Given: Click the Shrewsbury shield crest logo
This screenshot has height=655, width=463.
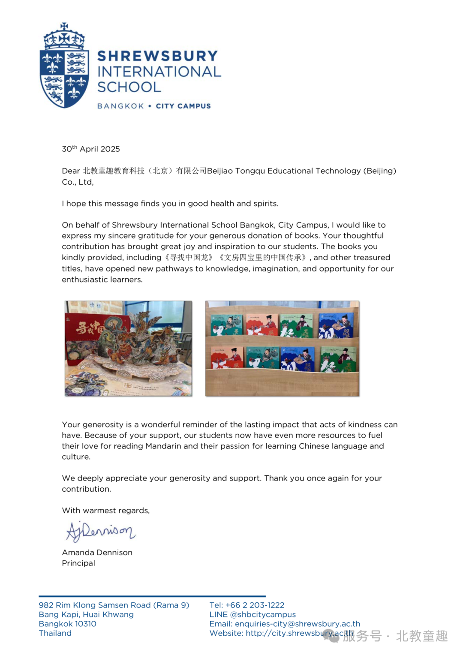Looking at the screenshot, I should click(x=64, y=66).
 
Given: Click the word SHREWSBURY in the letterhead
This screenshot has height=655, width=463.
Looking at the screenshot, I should click(x=158, y=56).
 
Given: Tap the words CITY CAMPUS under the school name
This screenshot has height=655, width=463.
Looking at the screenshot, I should click(x=183, y=106).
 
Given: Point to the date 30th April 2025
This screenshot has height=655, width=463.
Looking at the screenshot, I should click(x=91, y=149).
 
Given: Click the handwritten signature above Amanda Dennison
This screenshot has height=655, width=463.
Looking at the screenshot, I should click(x=100, y=532).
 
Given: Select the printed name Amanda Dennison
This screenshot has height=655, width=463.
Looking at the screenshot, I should click(x=97, y=552).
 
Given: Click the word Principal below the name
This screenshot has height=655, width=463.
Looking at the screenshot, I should click(x=78, y=563).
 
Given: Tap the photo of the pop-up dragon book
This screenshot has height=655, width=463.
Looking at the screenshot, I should click(x=128, y=348).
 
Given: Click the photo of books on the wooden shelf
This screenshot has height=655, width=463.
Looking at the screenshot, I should click(x=282, y=348).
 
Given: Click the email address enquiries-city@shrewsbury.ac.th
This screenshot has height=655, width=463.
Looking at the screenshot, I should click(x=298, y=624).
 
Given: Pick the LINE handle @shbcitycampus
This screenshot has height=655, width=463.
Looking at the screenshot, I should click(x=263, y=614).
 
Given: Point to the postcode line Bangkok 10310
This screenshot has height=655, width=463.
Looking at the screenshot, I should click(x=68, y=624).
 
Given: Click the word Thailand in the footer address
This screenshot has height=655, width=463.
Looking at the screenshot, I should click(x=55, y=633).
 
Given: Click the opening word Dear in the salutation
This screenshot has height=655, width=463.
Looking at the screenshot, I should click(x=71, y=171).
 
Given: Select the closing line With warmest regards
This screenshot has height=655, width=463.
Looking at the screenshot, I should click(x=106, y=510).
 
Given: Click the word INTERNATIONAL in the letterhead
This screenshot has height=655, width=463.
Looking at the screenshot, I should click(x=159, y=72).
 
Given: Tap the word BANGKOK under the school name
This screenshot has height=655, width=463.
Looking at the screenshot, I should click(x=120, y=106).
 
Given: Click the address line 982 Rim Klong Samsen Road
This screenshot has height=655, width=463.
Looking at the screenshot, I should click(x=114, y=605).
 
